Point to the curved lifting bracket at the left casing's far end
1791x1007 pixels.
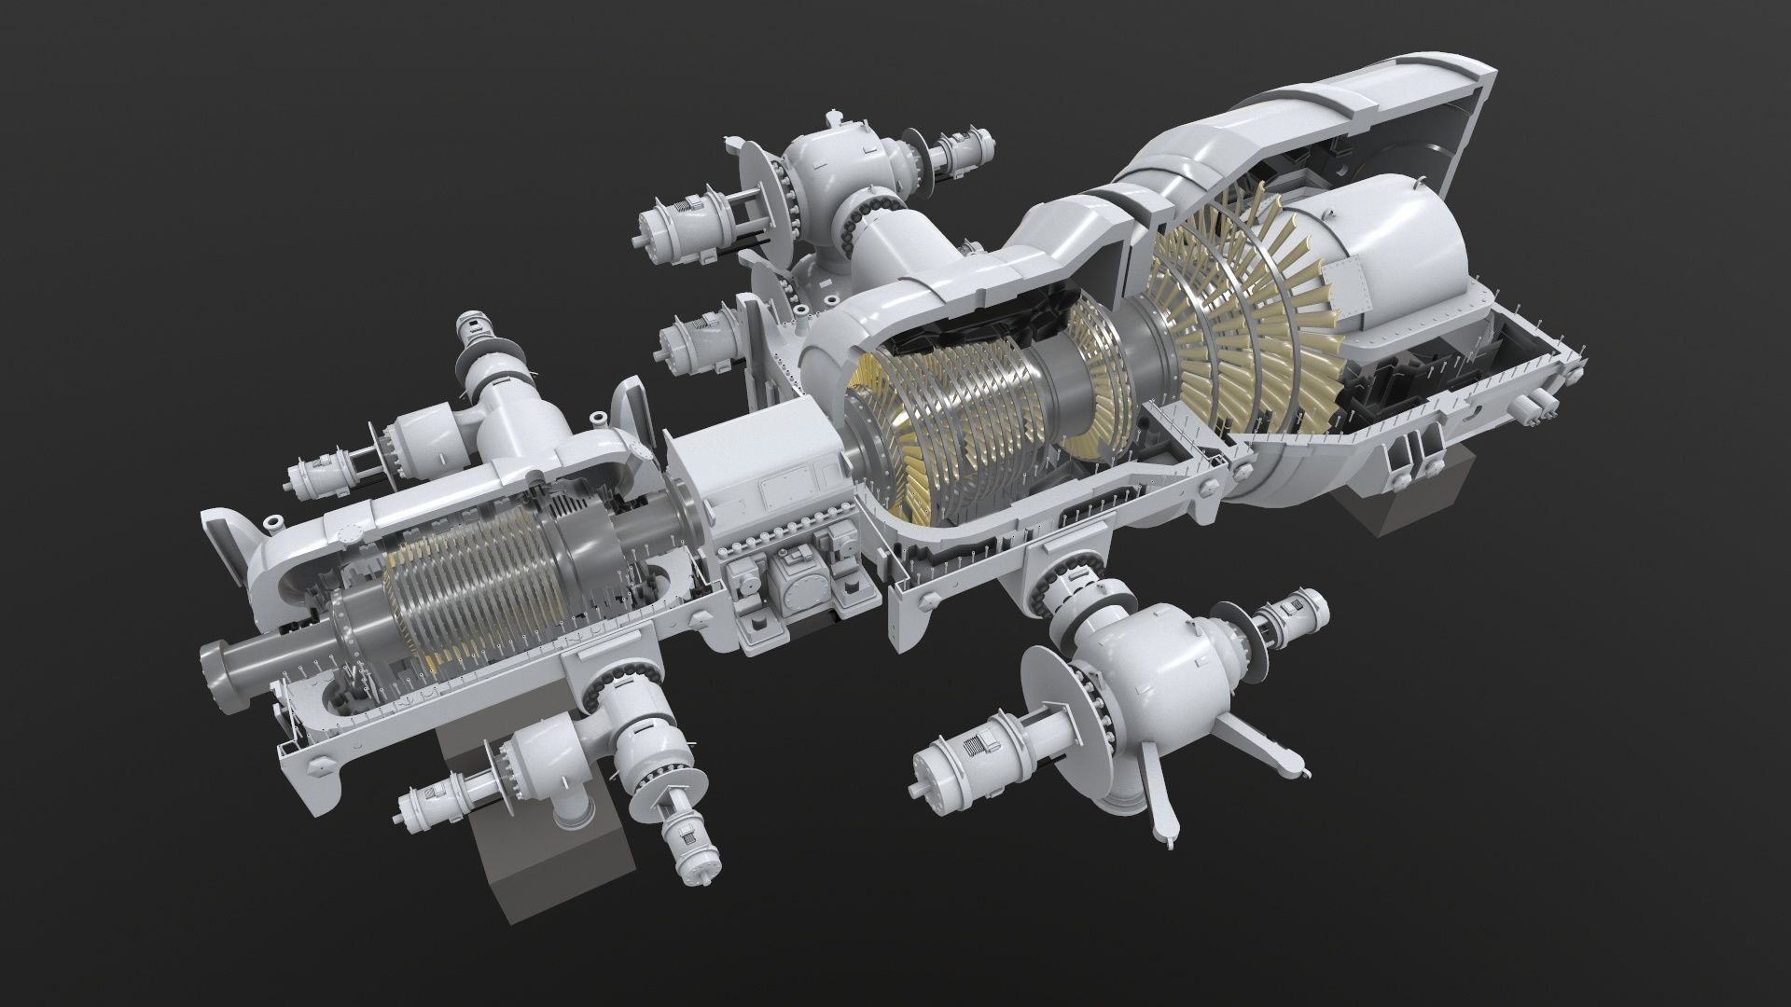pos(233,550)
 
